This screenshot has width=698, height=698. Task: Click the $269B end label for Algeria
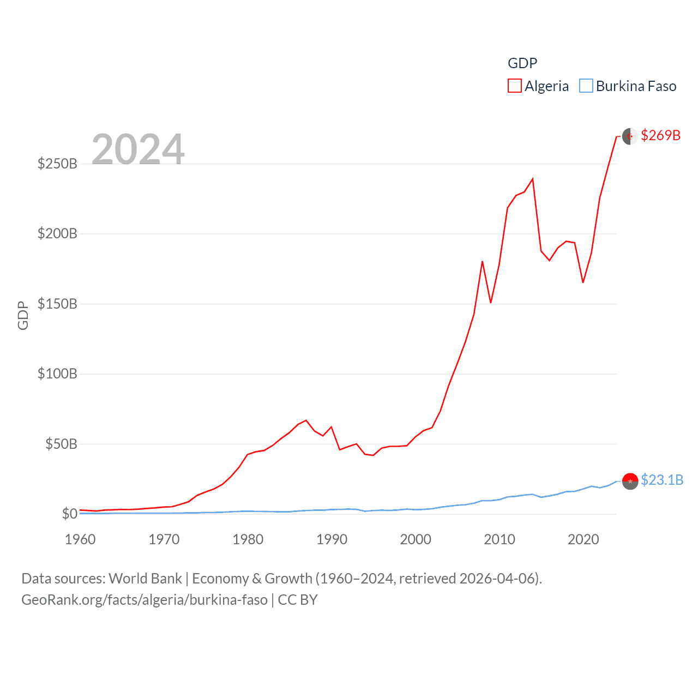click(660, 135)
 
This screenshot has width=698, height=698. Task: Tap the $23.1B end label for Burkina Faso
click(662, 480)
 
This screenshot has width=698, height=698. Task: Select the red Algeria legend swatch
click(514, 86)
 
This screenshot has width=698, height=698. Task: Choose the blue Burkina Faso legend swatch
click(586, 86)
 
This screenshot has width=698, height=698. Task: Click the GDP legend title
click(522, 63)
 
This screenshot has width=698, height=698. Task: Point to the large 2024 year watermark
click(138, 149)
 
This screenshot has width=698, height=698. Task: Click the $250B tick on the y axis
click(57, 164)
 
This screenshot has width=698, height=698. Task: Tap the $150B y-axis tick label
click(57, 304)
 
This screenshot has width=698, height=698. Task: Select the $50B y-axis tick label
click(61, 444)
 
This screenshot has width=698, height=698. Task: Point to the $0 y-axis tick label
click(69, 514)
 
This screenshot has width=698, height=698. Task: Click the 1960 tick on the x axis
click(80, 539)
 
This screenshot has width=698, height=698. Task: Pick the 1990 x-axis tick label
click(332, 539)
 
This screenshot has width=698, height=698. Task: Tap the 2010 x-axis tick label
click(500, 539)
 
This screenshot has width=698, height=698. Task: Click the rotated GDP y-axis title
click(23, 315)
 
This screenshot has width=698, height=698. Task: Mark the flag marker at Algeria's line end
click(630, 136)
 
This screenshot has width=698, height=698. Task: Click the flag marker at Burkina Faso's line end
click(630, 481)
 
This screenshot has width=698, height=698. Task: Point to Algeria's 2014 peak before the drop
click(532, 179)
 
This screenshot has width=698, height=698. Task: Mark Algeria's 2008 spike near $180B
click(482, 262)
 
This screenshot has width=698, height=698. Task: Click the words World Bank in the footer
click(145, 578)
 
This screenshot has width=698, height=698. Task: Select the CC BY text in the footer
click(298, 600)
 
